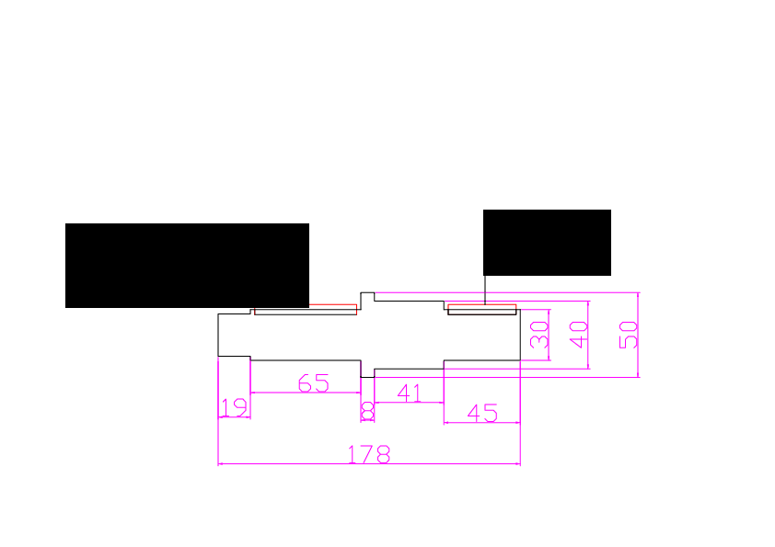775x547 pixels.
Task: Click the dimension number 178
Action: [369, 454]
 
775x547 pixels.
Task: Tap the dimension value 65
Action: [313, 383]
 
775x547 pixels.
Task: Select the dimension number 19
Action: [234, 408]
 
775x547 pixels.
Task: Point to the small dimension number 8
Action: [367, 411]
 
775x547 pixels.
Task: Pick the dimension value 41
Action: [410, 393]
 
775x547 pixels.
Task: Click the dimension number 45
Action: [482, 413]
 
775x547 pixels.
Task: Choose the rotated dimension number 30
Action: [539, 335]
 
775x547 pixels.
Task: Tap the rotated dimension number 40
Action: [578, 335]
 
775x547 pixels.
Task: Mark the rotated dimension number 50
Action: [629, 335]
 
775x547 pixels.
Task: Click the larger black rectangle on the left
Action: [188, 266]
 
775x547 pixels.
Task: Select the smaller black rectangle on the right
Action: [547, 243]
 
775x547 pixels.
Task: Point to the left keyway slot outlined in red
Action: [306, 310]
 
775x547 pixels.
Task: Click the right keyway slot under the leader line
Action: [482, 310]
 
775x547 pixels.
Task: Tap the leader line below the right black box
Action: [485, 290]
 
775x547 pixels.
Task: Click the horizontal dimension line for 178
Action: [369, 463]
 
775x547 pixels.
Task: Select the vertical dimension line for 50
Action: [638, 335]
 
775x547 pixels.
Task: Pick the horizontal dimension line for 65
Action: [306, 393]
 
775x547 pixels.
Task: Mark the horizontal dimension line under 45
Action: [482, 423]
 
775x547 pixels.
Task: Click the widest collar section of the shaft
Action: [367, 335]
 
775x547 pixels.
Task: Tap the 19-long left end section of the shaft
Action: [235, 335]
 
